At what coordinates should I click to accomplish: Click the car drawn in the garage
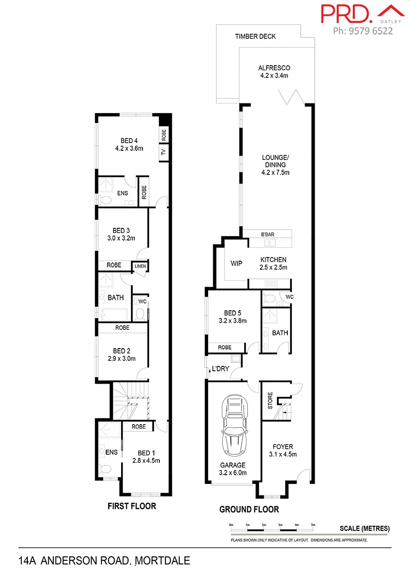click(x=234, y=426)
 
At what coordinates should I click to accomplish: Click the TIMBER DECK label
click(x=255, y=36)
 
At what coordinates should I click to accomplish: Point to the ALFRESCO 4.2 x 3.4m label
click(x=274, y=72)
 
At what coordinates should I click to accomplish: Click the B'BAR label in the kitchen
click(x=268, y=234)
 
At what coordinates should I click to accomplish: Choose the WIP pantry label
click(x=236, y=263)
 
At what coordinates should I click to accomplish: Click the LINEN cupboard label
click(x=140, y=266)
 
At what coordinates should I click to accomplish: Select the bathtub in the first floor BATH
click(x=115, y=314)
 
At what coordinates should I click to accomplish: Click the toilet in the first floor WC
click(x=140, y=313)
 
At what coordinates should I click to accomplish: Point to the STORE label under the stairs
click(x=270, y=400)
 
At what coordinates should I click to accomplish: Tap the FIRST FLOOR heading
click(x=132, y=506)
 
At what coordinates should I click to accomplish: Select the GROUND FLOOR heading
click(x=249, y=509)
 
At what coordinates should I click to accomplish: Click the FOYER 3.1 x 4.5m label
click(x=283, y=450)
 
